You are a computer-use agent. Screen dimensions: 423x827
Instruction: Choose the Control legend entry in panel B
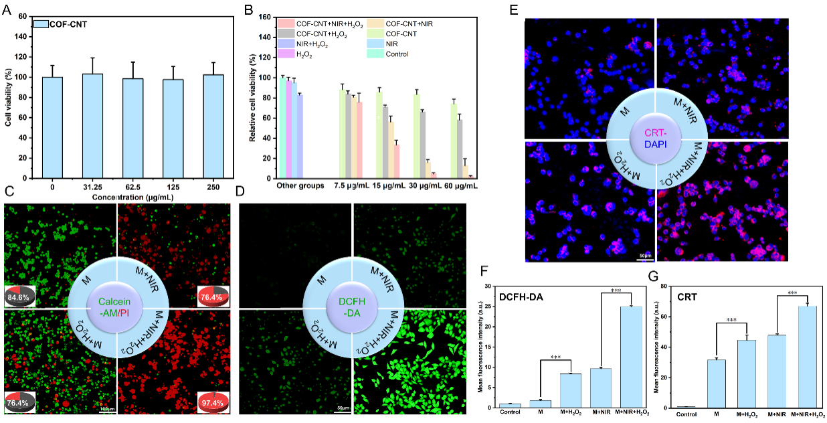pyautogui.click(x=397, y=54)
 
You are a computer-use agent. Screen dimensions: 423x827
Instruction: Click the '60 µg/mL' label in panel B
pyautogui.click(x=460, y=185)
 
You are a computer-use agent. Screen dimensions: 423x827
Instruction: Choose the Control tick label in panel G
pyautogui.click(x=687, y=415)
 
